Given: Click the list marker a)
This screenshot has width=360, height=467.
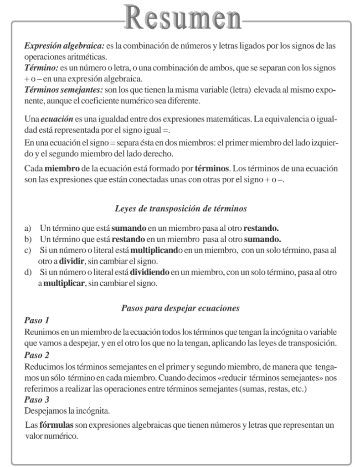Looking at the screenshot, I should pos(28,227).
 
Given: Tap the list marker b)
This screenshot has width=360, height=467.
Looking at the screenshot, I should pos(28,239).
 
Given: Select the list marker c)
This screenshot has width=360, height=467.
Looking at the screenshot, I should pos(28,250).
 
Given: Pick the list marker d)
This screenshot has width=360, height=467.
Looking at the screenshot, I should pos(28,272).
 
